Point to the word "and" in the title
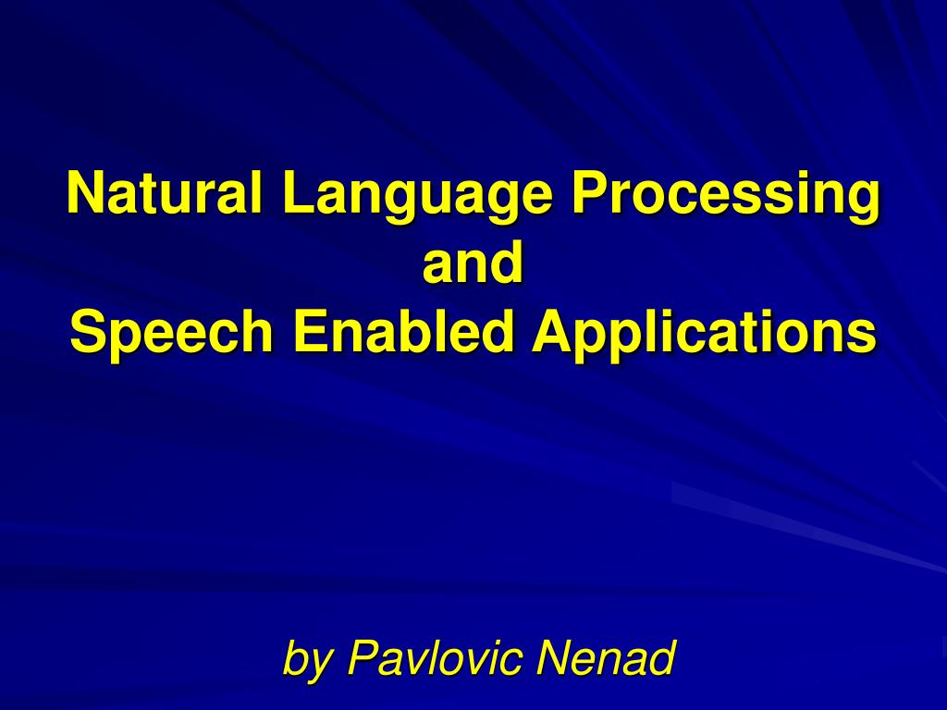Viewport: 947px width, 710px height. pyautogui.click(x=473, y=261)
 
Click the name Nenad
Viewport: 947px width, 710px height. pyautogui.click(x=605, y=656)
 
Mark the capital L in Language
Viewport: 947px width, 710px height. pyautogui.click(x=299, y=192)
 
